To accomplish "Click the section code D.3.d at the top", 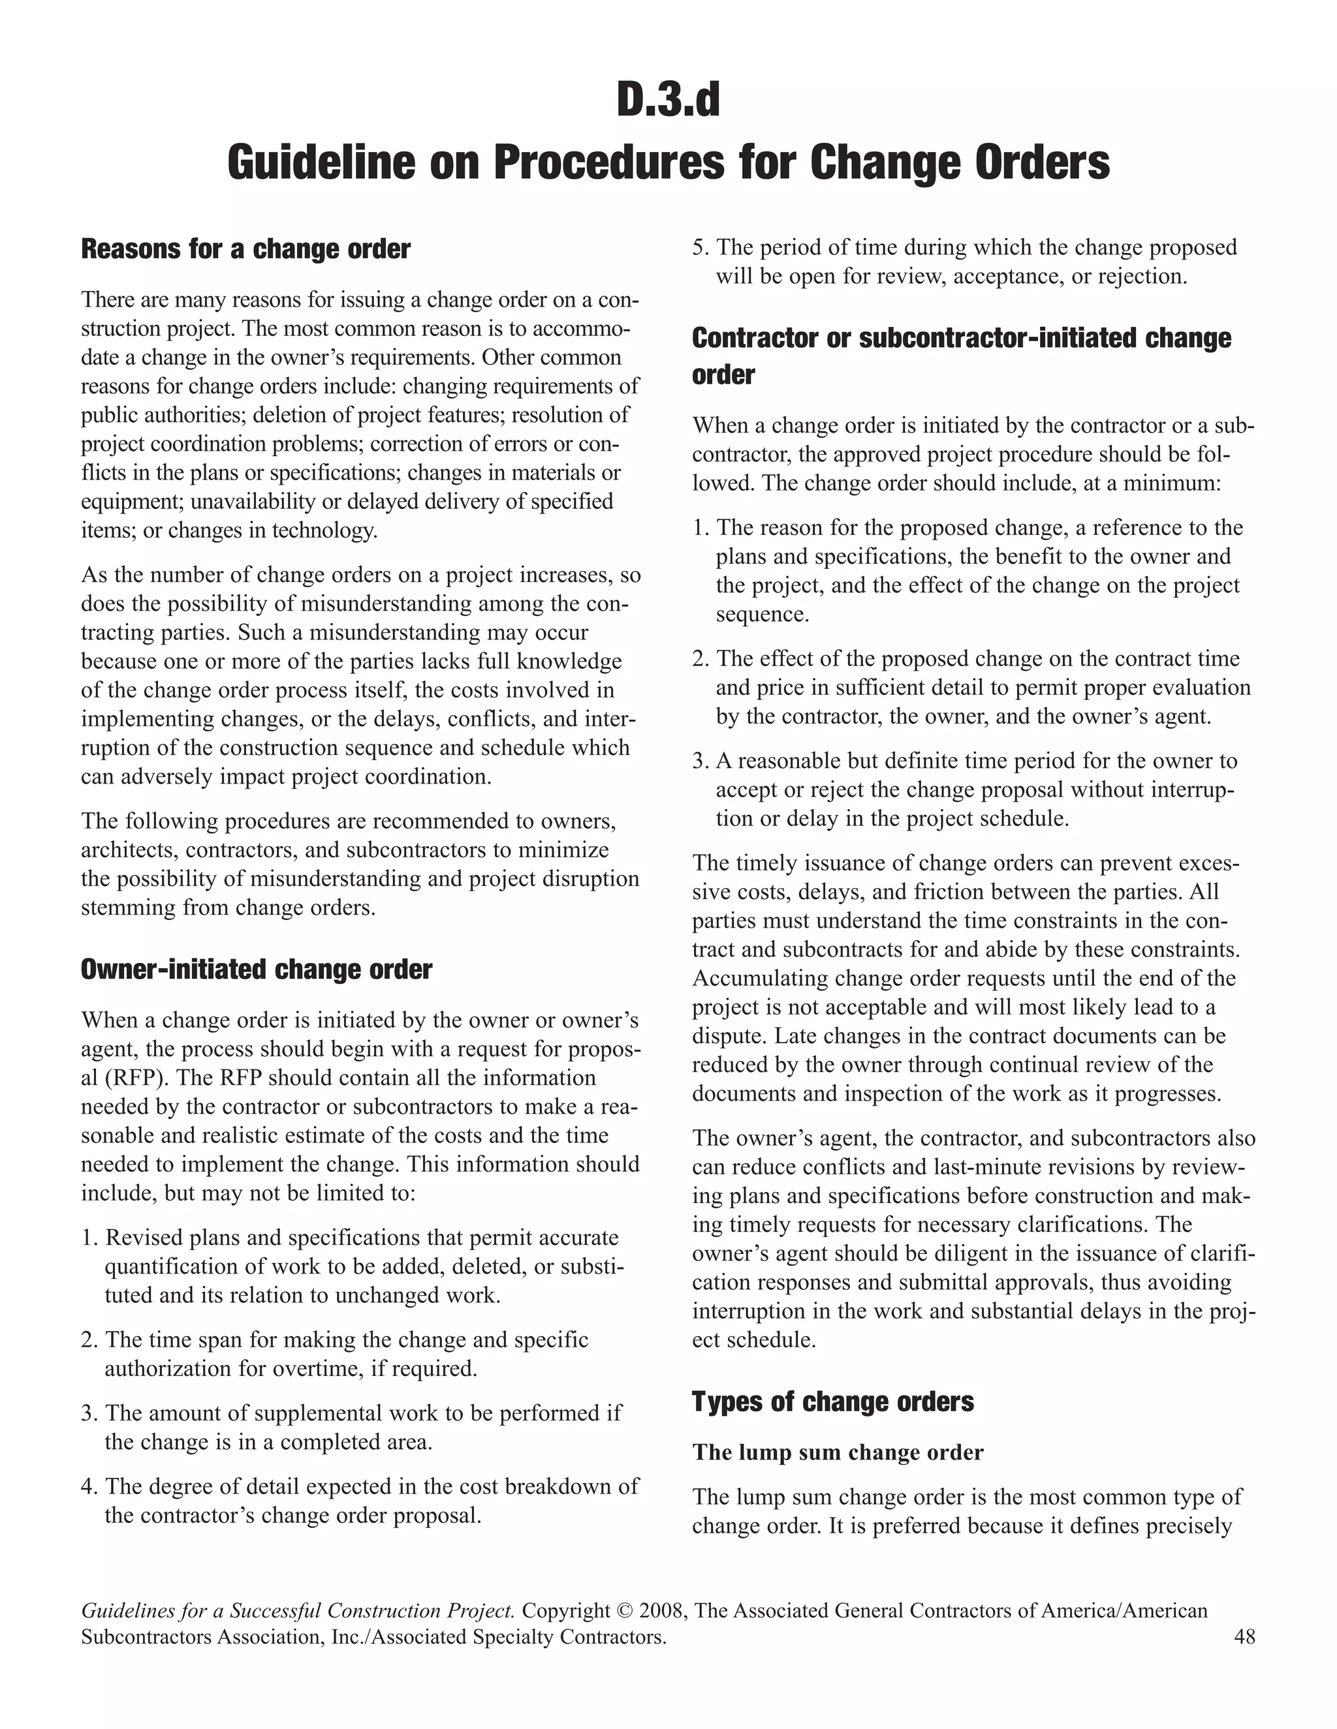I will [x=668, y=100].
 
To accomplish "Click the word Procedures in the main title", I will [x=608, y=162].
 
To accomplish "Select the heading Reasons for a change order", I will [x=245, y=249].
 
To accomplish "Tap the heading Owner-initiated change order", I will [x=257, y=969].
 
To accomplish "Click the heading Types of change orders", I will [x=832, y=1401].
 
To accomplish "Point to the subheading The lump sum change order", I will [x=837, y=1452].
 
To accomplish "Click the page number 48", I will [x=1244, y=1636].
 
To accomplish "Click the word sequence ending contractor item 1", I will [x=762, y=615].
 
